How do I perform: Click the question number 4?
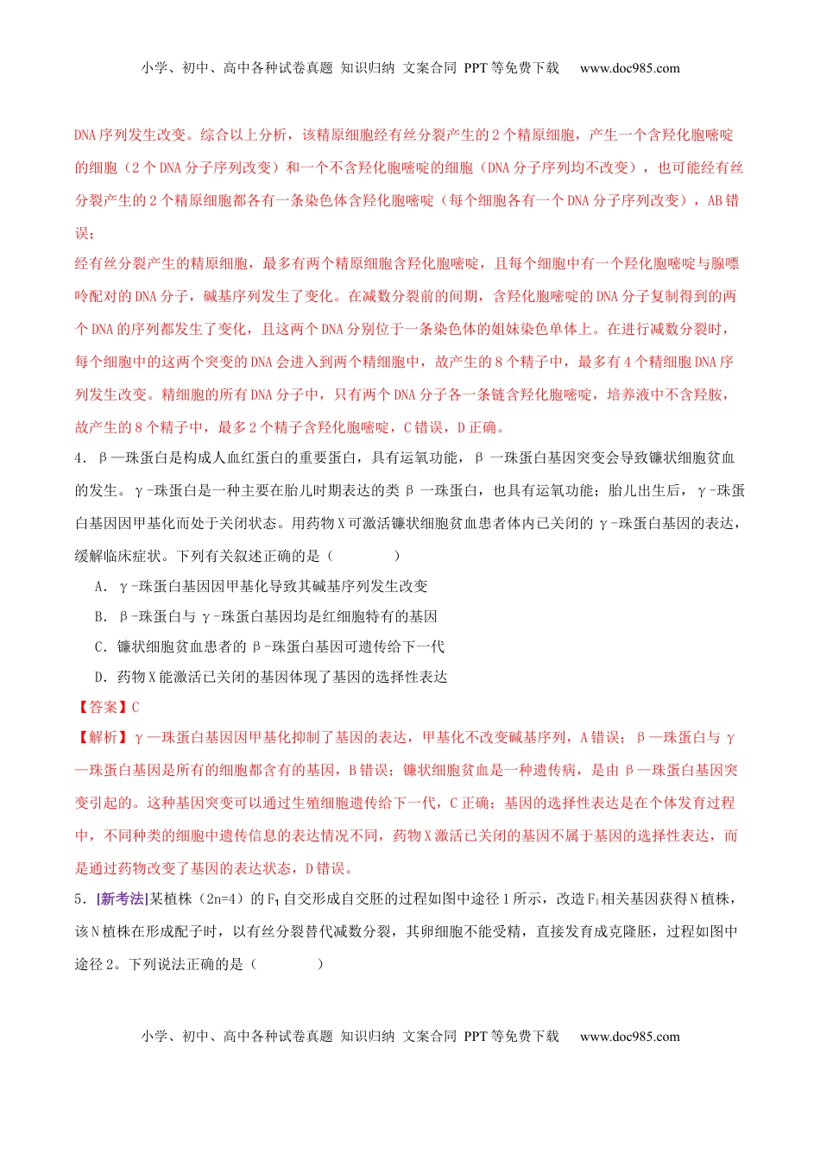coord(79,458)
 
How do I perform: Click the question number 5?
coord(79,899)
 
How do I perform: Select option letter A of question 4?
coord(100,587)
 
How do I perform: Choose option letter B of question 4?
coord(100,617)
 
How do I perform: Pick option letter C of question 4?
coord(100,647)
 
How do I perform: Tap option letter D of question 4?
coord(100,678)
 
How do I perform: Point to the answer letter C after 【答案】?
coord(136,708)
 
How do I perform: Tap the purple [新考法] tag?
coord(122,899)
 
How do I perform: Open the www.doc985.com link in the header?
coord(629,68)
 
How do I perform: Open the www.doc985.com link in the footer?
coord(629,1037)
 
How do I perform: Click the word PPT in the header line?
coord(476,68)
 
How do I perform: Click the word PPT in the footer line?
coord(476,1037)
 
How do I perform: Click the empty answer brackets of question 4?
coord(363,557)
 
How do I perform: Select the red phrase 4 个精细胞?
coord(650,362)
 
